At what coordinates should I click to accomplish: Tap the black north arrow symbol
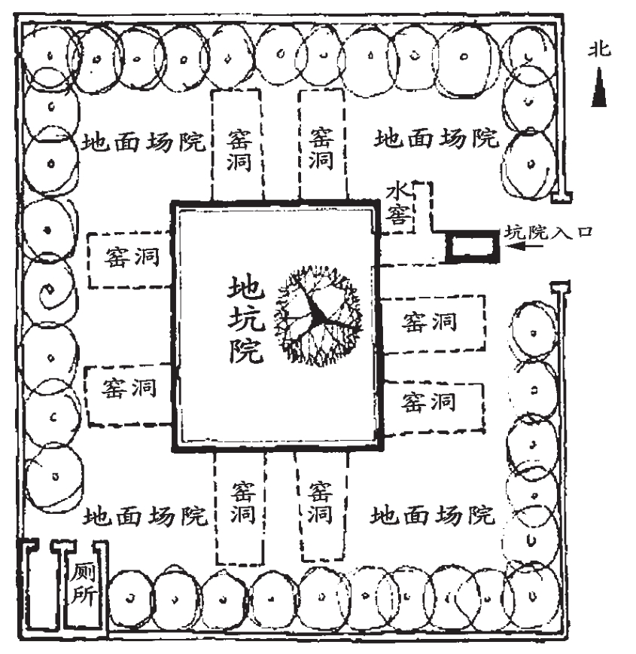click(x=600, y=87)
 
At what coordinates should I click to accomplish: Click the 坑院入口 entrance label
click(x=548, y=233)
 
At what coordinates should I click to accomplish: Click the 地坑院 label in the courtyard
click(x=246, y=319)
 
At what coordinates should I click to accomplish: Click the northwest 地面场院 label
click(x=144, y=141)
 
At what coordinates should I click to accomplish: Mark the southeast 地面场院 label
click(x=434, y=515)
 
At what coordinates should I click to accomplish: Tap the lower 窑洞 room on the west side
click(x=129, y=392)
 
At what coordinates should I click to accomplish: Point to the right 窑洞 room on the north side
click(x=322, y=145)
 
